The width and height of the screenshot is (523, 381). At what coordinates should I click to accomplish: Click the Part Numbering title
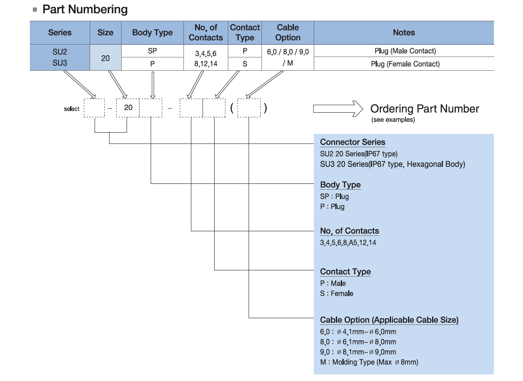pyautogui.click(x=85, y=10)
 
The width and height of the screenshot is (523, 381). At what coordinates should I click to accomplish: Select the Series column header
pyautogui.click(x=60, y=32)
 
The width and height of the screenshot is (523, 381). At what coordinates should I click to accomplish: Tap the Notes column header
pyautogui.click(x=403, y=32)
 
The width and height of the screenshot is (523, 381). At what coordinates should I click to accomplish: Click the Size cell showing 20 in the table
pyautogui.click(x=105, y=58)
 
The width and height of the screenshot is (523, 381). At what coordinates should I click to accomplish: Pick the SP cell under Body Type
pyautogui.click(x=152, y=51)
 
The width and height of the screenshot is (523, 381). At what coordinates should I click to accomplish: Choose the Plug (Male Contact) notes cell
pyautogui.click(x=405, y=51)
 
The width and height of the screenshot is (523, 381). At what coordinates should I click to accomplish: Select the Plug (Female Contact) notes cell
pyautogui.click(x=405, y=64)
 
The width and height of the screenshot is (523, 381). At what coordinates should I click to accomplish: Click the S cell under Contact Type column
pyautogui.click(x=245, y=64)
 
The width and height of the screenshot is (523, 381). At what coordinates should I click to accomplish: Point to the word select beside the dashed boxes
pyautogui.click(x=71, y=109)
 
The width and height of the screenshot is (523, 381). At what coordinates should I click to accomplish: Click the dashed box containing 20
pyautogui.click(x=128, y=108)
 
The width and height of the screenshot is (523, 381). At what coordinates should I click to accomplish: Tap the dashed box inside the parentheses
pyautogui.click(x=249, y=108)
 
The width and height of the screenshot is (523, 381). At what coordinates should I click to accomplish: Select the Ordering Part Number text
pyautogui.click(x=425, y=109)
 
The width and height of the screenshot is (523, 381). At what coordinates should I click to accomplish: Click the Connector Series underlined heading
pyautogui.click(x=352, y=142)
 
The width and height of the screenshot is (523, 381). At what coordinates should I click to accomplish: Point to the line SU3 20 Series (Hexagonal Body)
pyautogui.click(x=392, y=164)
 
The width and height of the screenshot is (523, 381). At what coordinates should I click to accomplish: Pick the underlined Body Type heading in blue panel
pyautogui.click(x=340, y=185)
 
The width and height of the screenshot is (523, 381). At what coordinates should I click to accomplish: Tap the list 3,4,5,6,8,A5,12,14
pyautogui.click(x=348, y=242)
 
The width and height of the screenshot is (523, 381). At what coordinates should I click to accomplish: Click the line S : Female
pyautogui.click(x=337, y=293)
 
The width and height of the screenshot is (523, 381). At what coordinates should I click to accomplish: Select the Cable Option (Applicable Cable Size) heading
pyautogui.click(x=389, y=320)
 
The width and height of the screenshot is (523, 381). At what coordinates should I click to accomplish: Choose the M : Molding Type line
pyautogui.click(x=369, y=362)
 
